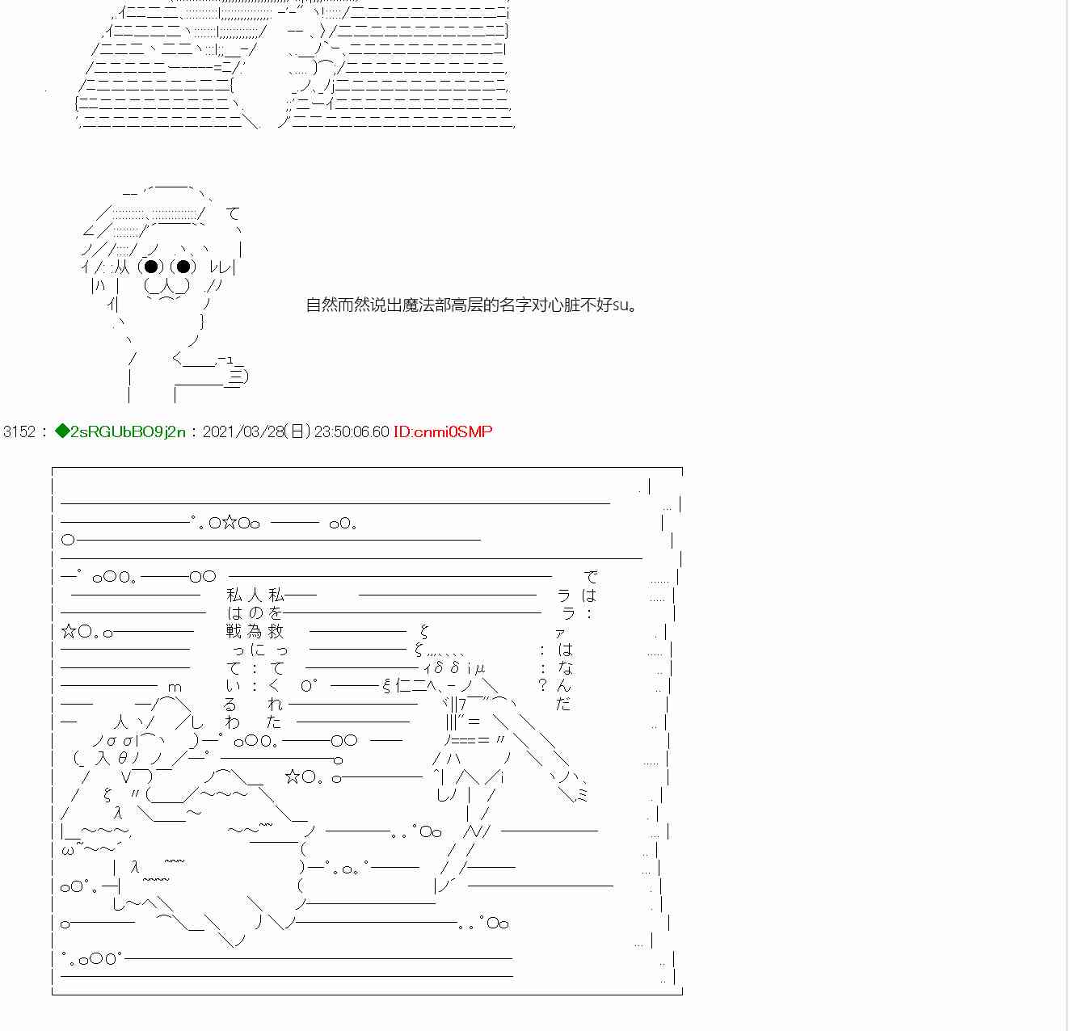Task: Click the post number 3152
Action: [x=19, y=431]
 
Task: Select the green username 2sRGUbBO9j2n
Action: [x=127, y=431]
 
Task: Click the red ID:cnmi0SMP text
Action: [x=443, y=431]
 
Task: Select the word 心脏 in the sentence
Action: [x=564, y=305]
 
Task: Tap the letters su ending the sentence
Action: [x=621, y=306]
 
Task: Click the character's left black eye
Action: [x=151, y=267]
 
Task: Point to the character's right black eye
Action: [x=183, y=267]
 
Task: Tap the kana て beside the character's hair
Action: [x=234, y=214]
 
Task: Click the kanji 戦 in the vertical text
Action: [x=234, y=631]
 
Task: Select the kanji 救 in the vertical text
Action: [x=276, y=631]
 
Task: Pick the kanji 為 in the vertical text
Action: [x=255, y=631]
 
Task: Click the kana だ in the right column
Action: [x=563, y=704]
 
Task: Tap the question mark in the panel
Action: [x=542, y=686]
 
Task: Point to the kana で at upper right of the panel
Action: [x=591, y=577]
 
